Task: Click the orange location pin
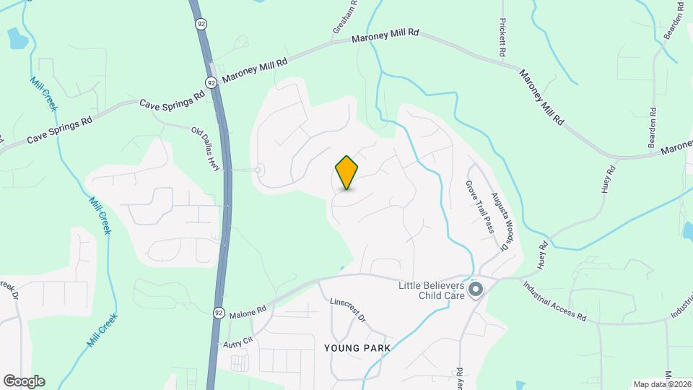tap(346, 173)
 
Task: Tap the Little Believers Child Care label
tap(432, 290)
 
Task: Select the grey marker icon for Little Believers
tap(476, 290)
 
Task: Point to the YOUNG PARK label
tap(357, 348)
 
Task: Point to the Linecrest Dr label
tap(348, 310)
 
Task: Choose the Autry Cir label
tap(238, 339)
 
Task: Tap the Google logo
tap(24, 381)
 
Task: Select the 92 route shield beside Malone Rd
tap(219, 313)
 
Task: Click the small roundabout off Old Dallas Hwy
tap(258, 170)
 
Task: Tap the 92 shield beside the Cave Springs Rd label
tap(211, 83)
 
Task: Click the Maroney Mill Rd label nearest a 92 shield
tap(256, 69)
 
